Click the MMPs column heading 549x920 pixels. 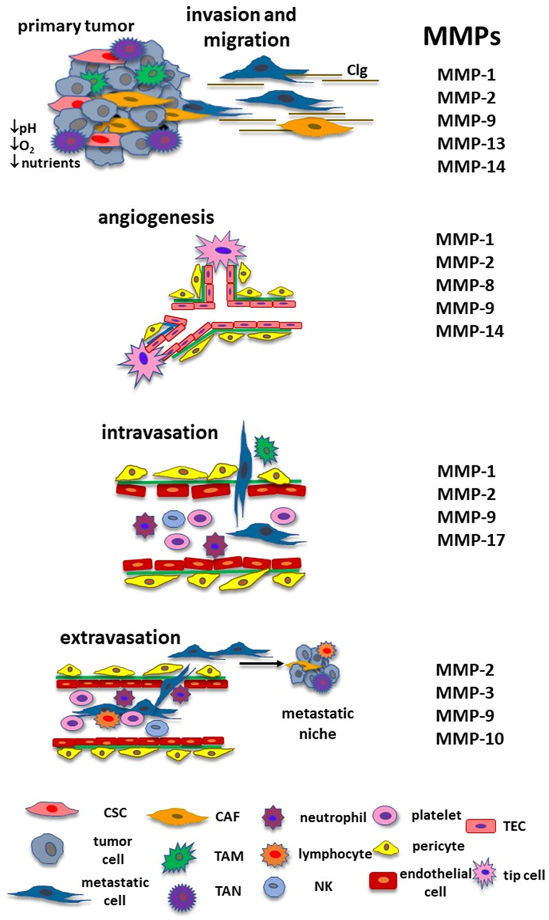click(461, 37)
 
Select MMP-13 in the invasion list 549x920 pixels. click(471, 144)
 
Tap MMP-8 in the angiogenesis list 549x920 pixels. click(465, 286)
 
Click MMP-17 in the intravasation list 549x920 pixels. click(471, 540)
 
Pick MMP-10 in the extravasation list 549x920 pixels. click(470, 739)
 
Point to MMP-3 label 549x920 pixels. click(465, 693)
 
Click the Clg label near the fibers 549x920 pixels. click(357, 71)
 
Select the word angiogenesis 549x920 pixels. click(156, 218)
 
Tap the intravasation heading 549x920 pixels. click(160, 433)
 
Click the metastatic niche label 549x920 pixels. click(318, 724)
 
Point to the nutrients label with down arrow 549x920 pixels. click(46, 163)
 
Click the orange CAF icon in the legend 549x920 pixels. click(178, 816)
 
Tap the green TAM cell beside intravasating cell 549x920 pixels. click(265, 448)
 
